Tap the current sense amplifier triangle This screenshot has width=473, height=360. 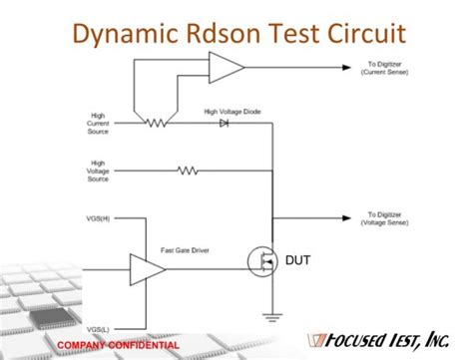[x=226, y=68]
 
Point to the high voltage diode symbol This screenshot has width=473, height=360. [x=223, y=125]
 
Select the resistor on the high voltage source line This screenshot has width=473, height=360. [x=189, y=171]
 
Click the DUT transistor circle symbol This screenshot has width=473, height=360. [x=265, y=262]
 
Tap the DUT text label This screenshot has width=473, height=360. [x=297, y=261]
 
